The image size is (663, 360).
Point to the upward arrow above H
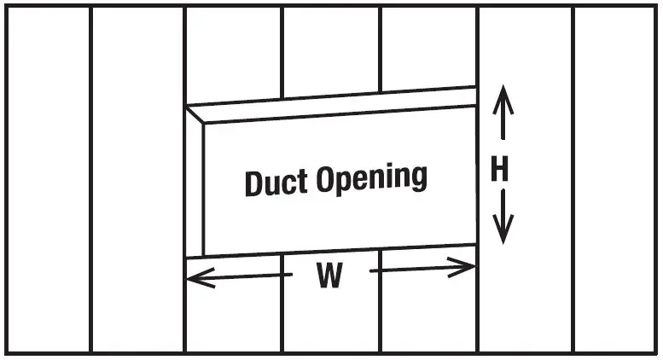point(502,115)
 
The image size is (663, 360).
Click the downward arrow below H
point(503,218)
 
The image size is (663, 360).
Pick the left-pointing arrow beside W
point(234,276)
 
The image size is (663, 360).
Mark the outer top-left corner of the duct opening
point(186,107)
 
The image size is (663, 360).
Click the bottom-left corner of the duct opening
point(186,258)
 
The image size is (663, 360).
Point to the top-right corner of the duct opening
point(476,87)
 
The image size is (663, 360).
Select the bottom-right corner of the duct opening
point(476,246)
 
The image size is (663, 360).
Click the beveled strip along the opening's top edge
point(333,106)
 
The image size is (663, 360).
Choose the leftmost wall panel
point(48,180)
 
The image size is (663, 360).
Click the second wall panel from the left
point(137,180)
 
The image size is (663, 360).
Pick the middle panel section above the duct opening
point(331,51)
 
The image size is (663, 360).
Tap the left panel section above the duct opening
point(233,55)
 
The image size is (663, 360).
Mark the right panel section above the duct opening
point(427,48)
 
